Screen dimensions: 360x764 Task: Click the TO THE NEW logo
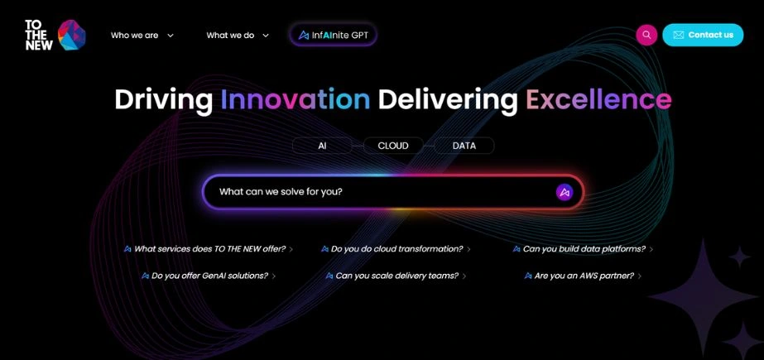[55, 35]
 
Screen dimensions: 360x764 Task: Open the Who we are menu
[142, 36]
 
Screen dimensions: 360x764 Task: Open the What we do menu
[237, 36]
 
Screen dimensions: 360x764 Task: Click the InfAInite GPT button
[334, 35]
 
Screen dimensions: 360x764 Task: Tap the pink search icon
[646, 35]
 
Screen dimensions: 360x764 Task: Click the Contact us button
[703, 35]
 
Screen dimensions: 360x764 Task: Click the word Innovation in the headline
[295, 100]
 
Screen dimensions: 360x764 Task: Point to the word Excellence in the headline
[598, 100]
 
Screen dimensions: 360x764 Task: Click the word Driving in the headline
[164, 100]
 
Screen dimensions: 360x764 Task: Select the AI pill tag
[322, 146]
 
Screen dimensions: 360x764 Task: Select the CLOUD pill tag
[393, 146]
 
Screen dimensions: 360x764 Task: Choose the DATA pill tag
[464, 146]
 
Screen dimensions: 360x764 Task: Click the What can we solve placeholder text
[281, 192]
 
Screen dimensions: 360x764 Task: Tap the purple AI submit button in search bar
[565, 192]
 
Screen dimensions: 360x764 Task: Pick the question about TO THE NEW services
[209, 249]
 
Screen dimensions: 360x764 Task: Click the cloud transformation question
[396, 249]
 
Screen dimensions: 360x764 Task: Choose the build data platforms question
[584, 249]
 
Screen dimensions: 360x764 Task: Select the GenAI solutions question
[209, 276]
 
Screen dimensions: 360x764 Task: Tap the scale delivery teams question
[396, 276]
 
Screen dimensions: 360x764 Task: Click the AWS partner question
[584, 276]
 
